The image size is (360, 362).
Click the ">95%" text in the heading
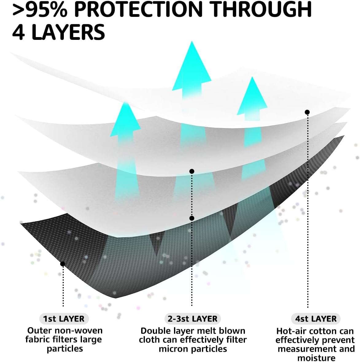(x=39, y=9)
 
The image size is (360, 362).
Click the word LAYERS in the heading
(x=68, y=32)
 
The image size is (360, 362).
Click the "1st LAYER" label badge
(x=64, y=319)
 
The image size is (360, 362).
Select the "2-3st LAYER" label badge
(x=193, y=319)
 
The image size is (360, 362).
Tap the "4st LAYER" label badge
(x=316, y=319)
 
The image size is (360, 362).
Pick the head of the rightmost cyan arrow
(x=252, y=97)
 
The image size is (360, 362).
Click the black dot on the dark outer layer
(x=62, y=264)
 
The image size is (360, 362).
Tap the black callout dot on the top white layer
(x=307, y=112)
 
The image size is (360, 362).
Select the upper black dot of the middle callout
(x=192, y=171)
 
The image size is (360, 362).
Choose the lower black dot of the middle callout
(x=192, y=218)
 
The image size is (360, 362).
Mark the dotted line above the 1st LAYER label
(x=63, y=286)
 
